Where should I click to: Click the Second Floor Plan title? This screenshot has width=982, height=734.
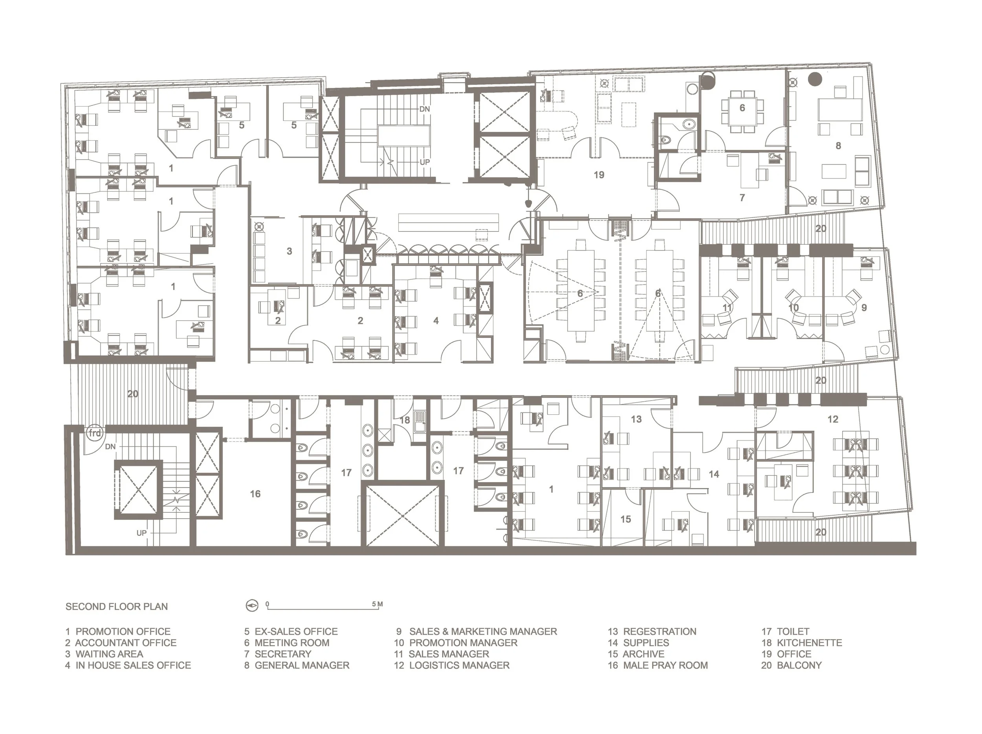[x=116, y=606]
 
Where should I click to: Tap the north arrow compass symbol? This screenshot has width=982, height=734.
[x=252, y=605]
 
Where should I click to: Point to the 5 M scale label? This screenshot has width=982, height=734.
[x=377, y=604]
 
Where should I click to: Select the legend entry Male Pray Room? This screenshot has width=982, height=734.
[x=658, y=665]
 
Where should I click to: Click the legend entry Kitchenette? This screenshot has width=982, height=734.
[x=802, y=643]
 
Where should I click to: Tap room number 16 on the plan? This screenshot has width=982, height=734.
[x=255, y=494]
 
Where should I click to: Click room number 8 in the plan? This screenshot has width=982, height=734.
[x=838, y=146]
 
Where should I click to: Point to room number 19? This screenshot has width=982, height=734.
[x=599, y=175]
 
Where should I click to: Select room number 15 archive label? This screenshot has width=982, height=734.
[x=625, y=519]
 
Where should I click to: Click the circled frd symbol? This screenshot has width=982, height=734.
[x=95, y=433]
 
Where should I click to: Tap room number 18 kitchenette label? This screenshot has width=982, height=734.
[x=405, y=419]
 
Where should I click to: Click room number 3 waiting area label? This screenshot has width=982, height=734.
[x=289, y=251]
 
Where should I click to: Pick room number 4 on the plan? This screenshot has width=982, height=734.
[x=436, y=320]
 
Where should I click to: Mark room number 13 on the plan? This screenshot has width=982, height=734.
[x=636, y=419]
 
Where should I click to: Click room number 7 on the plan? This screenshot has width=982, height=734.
[x=742, y=197]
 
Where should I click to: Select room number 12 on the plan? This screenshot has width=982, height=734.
[x=832, y=419]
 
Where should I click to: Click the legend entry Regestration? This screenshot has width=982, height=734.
[x=652, y=632]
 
